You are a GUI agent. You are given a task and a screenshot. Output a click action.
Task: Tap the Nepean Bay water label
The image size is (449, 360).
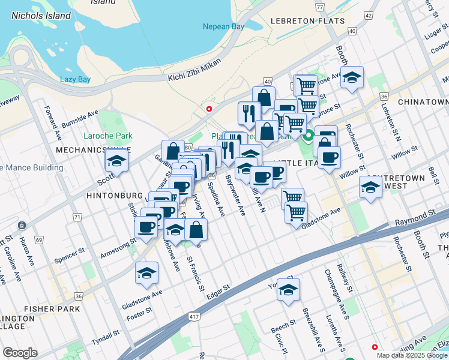pyautogui.click(x=223, y=27)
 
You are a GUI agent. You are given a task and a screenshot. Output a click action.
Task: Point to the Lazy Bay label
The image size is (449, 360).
pyautogui.click(x=75, y=79)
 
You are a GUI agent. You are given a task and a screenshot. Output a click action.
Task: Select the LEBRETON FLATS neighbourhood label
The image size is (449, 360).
pyautogui.click(x=308, y=21)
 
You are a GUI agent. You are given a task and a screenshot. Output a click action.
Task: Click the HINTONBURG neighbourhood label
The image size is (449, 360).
pyautogui.click(x=114, y=196)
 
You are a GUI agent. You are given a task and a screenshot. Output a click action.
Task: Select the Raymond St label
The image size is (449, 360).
pyautogui.click(x=415, y=214)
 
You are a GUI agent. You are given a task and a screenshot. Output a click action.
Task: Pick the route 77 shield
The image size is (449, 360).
pyautogui.click(x=320, y=8)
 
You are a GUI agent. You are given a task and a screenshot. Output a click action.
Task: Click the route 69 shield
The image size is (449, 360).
pyautogui.click(x=39, y=240)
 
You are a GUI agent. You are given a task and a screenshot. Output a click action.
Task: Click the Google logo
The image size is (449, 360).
pyautogui.click(x=20, y=353)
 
